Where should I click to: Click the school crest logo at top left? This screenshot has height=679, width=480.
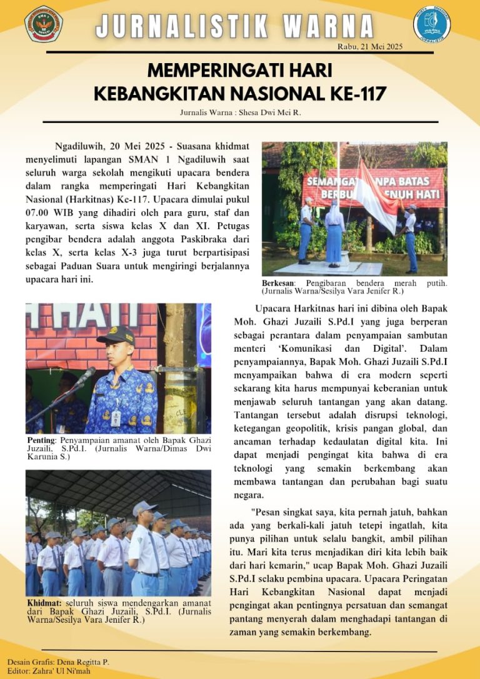(43, 23)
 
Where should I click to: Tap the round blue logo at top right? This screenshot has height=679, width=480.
(432, 24)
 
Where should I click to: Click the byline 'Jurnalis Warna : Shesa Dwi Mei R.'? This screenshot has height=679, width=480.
(240, 112)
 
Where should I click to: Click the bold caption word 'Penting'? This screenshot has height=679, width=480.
(41, 440)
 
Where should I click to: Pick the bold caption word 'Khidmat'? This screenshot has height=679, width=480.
(44, 603)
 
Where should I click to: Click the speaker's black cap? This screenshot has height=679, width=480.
(116, 335)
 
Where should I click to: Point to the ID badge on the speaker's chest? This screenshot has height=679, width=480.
(116, 417)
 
